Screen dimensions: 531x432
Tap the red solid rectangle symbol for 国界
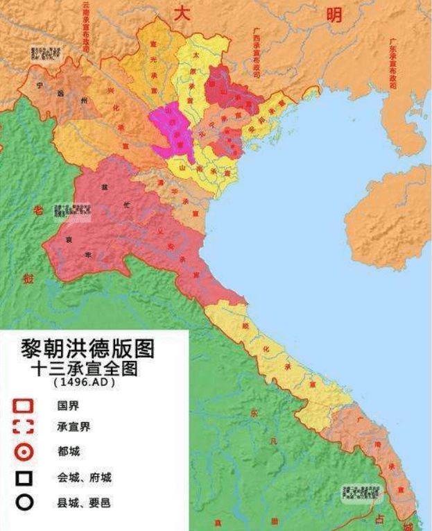click(x=24, y=405)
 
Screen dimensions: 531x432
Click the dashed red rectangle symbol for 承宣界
click(x=24, y=428)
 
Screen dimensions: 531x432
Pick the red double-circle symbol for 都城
click(x=24, y=452)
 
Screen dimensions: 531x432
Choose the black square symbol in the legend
click(x=24, y=478)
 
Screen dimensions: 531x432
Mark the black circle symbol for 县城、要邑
click(x=24, y=502)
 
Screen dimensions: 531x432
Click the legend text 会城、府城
click(x=84, y=478)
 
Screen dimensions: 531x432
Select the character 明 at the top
click(x=334, y=14)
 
